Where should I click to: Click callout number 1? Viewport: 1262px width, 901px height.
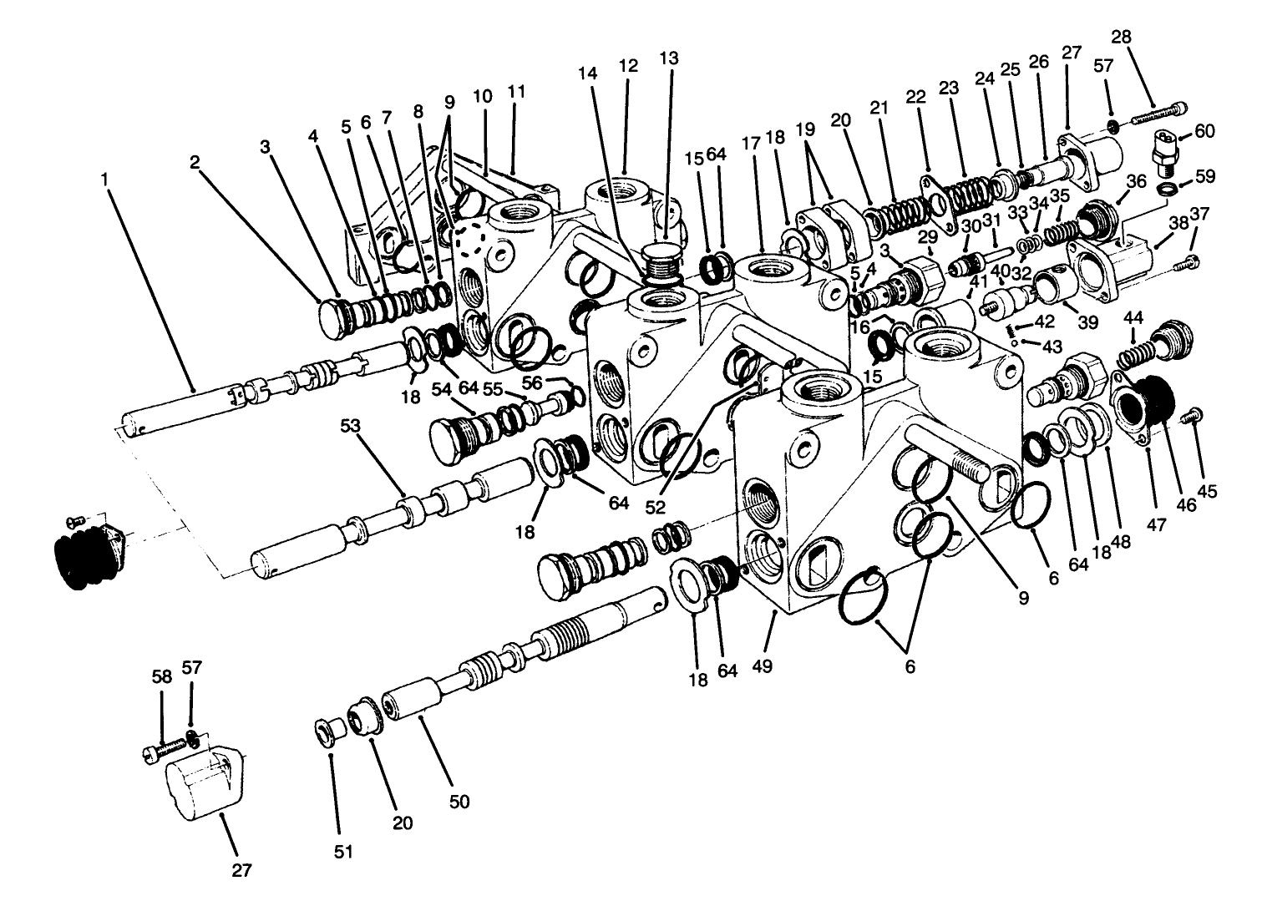[104, 178]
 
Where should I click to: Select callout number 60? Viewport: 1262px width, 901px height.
[1204, 131]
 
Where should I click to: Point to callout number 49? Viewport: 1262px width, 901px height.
[762, 666]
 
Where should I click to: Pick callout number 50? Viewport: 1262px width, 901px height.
[459, 802]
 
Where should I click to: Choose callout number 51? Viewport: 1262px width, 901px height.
[343, 853]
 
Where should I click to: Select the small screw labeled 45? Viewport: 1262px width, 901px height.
[1194, 413]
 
